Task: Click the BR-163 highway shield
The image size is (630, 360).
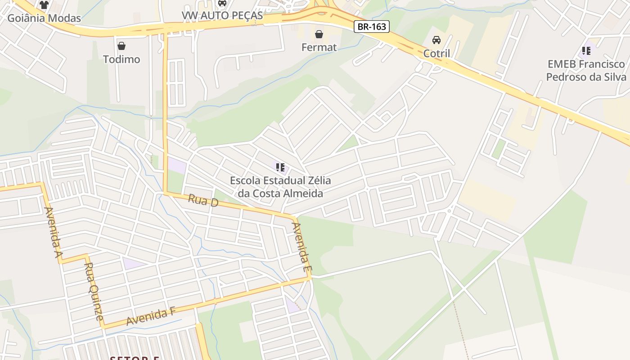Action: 371,27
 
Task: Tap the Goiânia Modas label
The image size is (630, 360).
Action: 44,18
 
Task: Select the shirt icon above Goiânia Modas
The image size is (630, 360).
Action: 44,5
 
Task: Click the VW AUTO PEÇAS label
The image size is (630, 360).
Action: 222,15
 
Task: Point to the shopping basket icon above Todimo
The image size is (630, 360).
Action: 121,45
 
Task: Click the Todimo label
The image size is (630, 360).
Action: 121,59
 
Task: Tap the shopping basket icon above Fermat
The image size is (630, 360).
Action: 319,34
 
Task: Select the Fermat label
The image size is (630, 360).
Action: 319,47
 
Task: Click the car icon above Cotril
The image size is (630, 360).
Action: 436,40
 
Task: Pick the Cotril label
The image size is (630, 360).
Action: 436,54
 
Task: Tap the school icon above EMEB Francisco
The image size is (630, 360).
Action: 586,50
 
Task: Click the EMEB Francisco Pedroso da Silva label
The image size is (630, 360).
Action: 586,70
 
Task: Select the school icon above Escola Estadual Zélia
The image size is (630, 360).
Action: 280,167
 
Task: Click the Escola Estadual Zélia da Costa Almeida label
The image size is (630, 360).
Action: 280,187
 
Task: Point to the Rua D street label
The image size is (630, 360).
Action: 203,200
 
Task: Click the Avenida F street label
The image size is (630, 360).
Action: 150,317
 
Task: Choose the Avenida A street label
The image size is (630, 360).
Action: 53,233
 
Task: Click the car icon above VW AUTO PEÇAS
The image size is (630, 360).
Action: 222,3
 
